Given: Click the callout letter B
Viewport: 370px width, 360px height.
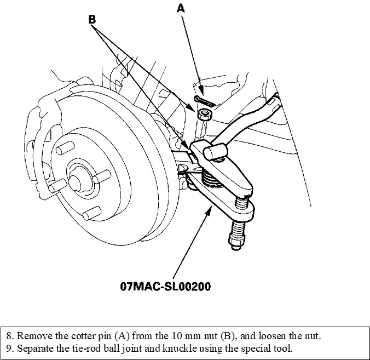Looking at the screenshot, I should [x=92, y=19].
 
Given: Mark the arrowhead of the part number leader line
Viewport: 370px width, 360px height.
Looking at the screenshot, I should [x=212, y=208].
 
